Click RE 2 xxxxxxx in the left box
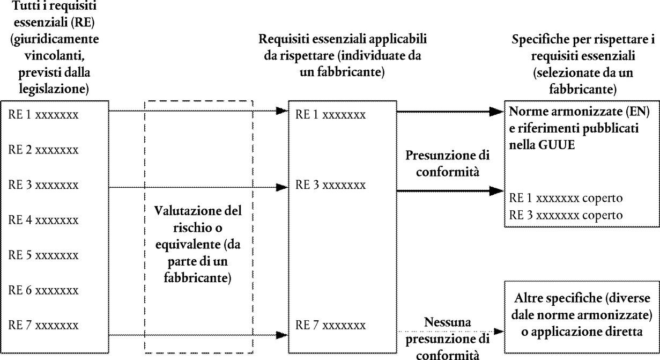(43, 150)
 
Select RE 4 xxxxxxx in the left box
(43, 220)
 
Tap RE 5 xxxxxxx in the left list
(43, 255)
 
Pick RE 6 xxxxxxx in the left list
(43, 290)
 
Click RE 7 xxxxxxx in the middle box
(331, 325)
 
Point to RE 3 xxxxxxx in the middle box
(331, 185)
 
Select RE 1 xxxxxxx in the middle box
(331, 115)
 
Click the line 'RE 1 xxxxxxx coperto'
(566, 198)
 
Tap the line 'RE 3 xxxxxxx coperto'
(566, 215)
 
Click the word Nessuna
(448, 322)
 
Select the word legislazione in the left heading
(54, 89)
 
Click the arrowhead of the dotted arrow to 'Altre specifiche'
(499, 332)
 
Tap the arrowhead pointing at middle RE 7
(282, 335)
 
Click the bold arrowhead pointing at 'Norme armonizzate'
(496, 112)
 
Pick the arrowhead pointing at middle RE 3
(282, 187)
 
